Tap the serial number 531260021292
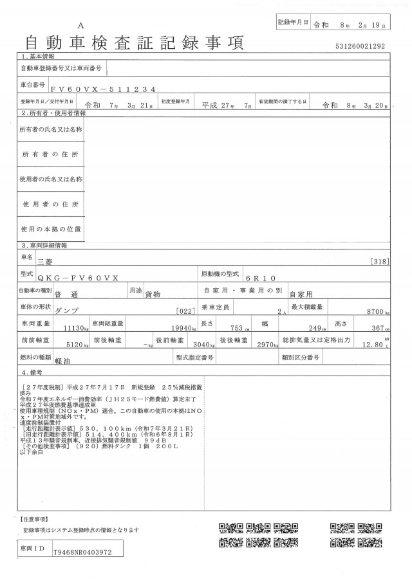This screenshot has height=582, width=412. pos(360,46)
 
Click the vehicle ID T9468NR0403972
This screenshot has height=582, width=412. pos(82,552)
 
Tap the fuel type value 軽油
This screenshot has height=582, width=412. pos(64,361)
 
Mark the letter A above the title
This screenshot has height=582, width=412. pos(80,24)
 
